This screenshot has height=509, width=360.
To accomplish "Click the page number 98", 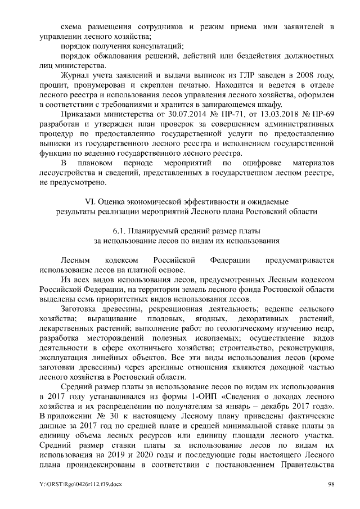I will (332, 485).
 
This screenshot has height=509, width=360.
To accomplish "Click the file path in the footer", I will (76, 485).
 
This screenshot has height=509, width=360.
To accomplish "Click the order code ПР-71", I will (217, 115).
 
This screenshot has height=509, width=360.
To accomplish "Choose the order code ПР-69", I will (322, 115).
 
